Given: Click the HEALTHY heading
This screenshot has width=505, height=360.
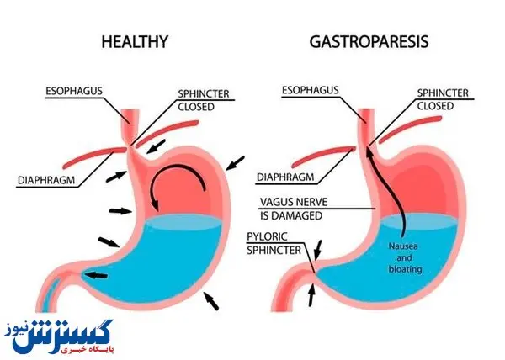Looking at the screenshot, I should [135, 40].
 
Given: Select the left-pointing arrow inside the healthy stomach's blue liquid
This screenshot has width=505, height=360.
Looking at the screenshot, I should [97, 275].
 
